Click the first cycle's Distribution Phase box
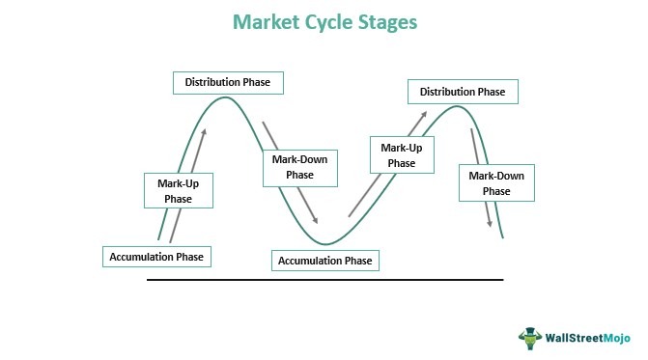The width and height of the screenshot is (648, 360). [x=228, y=82]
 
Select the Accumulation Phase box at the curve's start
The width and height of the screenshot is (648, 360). [x=156, y=257]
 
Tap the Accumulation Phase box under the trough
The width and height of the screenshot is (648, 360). [x=324, y=260]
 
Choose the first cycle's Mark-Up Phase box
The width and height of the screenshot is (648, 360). [x=178, y=189]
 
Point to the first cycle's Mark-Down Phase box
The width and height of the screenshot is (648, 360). [x=299, y=166]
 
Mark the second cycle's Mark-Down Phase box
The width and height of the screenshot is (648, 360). [x=496, y=182]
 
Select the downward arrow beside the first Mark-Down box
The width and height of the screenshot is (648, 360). [x=290, y=174]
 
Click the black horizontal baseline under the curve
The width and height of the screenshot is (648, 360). [x=324, y=280]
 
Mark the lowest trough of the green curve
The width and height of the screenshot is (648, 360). [x=325, y=243]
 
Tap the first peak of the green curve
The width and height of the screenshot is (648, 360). [x=225, y=97]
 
